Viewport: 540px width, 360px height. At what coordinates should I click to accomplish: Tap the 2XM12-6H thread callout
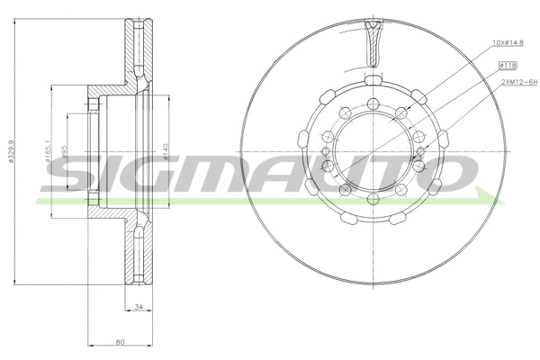tap(516, 82)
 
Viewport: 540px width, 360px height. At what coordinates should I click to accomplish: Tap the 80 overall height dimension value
tap(120, 341)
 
